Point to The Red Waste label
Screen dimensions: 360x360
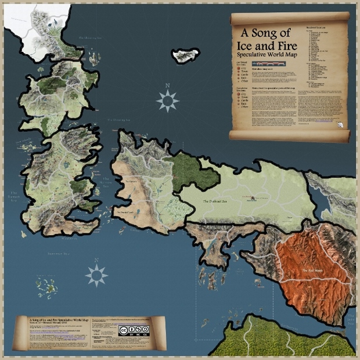pos(312,271)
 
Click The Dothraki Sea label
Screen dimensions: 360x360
pos(215,201)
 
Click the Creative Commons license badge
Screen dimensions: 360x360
pos(130,330)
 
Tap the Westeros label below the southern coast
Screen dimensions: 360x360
pos(68,237)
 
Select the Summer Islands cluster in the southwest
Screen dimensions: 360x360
pos(46,286)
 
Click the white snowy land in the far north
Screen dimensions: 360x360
pos(23,23)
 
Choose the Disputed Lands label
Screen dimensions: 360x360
pos(132,211)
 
